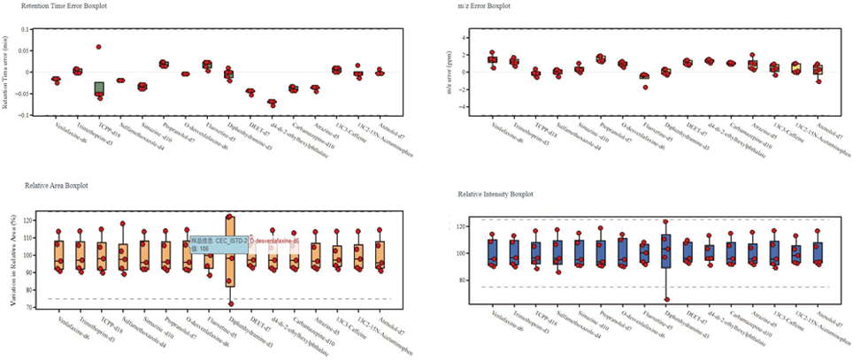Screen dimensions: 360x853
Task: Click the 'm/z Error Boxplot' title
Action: (x=486, y=6)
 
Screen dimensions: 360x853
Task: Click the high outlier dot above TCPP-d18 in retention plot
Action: (x=99, y=47)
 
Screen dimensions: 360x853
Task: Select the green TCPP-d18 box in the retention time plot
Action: (x=99, y=88)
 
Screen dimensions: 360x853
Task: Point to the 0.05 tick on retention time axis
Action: (x=28, y=50)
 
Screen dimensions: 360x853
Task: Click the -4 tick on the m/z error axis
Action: (x=465, y=107)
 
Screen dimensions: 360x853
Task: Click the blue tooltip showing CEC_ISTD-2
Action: (x=219, y=244)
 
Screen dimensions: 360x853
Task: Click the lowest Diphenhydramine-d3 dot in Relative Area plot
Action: (x=230, y=303)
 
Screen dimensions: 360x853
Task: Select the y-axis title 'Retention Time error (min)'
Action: (x=7, y=72)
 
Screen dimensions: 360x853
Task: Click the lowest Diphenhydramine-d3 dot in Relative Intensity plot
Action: (x=666, y=300)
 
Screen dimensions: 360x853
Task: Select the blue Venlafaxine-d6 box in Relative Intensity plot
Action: (x=492, y=252)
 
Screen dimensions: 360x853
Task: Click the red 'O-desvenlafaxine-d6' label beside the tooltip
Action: (x=275, y=240)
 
